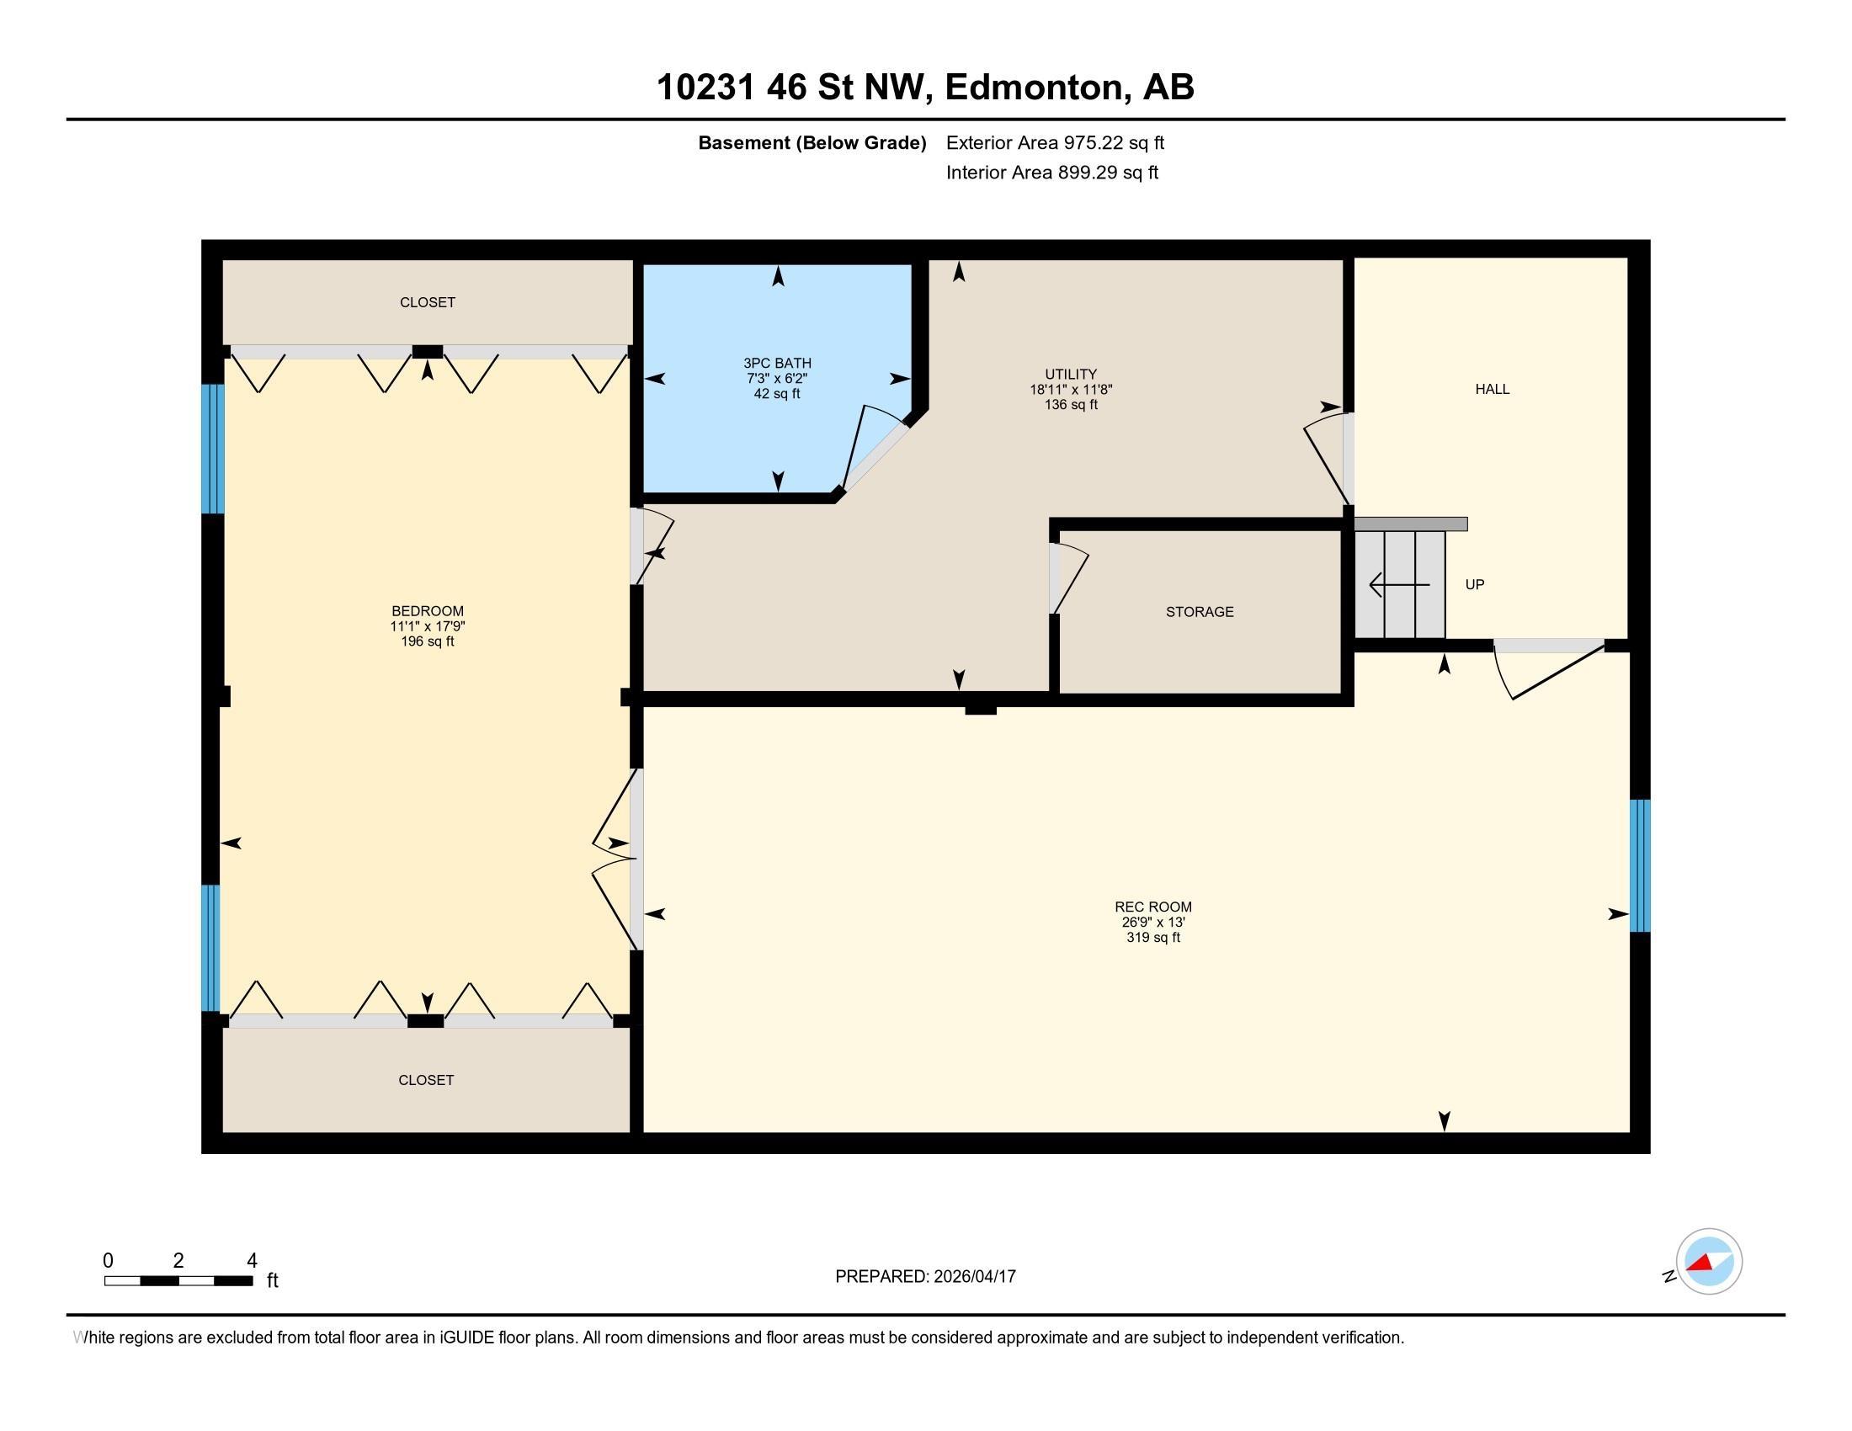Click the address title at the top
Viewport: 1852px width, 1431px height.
pos(925,87)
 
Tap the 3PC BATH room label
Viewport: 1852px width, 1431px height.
pos(777,363)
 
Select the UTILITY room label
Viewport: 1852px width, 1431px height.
pos(1070,374)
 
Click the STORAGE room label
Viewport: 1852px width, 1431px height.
pos(1199,611)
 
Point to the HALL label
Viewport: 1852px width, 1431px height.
pos(1492,389)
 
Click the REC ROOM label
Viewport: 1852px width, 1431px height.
pos(1152,907)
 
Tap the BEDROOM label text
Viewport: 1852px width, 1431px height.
pos(428,610)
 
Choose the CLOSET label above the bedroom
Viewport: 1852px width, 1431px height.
pos(428,302)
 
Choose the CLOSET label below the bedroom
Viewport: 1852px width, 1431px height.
pos(426,1079)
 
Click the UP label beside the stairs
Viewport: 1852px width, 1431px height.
pos(1475,584)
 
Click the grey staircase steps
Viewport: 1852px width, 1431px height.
pos(1400,584)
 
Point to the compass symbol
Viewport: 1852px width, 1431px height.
pos(1709,1261)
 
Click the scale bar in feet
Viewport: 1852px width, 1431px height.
pos(178,1280)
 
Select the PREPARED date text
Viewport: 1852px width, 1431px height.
pos(925,1276)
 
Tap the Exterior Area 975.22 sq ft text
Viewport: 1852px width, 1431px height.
pos(1055,142)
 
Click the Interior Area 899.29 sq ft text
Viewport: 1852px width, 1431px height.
pos(1051,172)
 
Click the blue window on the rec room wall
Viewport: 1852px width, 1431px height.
pos(1640,865)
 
